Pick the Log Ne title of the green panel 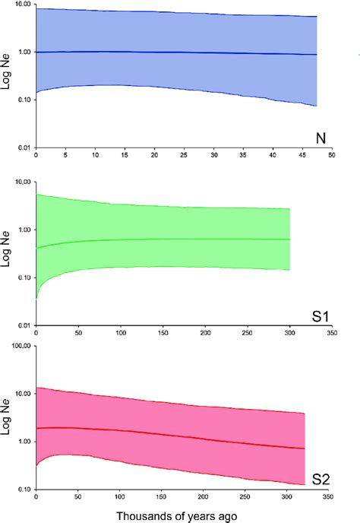(x=7, y=251)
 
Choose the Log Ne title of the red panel (x=7, y=417)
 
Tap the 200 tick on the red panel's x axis (x=204, y=499)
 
